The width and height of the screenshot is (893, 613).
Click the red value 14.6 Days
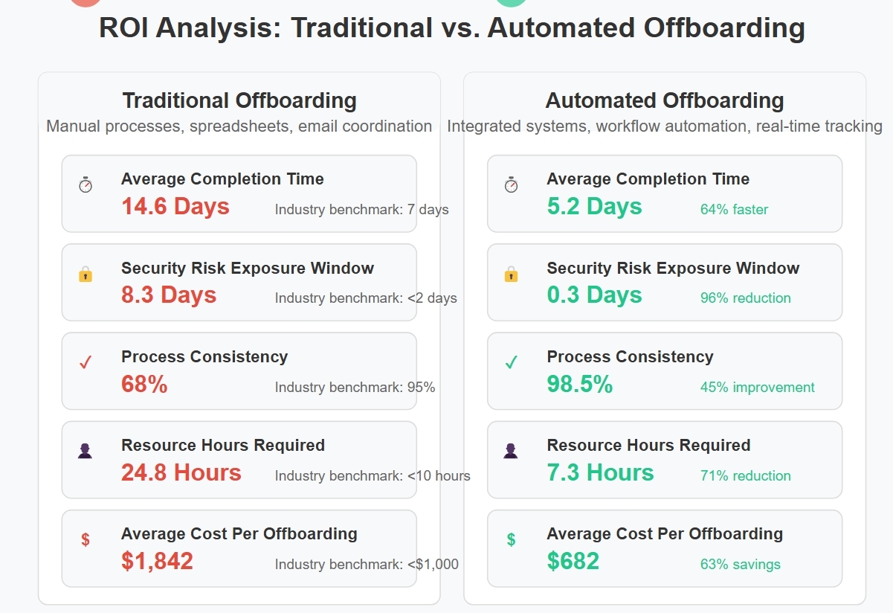[175, 206]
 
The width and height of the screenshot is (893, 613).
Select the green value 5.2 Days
[594, 206]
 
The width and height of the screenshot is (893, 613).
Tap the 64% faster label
[734, 210]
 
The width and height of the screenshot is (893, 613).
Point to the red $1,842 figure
[157, 561]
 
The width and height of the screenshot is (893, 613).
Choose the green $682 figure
[573, 561]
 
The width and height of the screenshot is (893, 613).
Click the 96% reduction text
[745, 298]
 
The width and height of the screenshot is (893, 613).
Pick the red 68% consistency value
[144, 384]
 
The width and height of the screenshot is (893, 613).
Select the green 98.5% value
[579, 384]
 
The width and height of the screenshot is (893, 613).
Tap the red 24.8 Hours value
[181, 472]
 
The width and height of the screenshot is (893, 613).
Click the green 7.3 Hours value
[600, 472]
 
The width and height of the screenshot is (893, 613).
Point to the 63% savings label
[740, 565]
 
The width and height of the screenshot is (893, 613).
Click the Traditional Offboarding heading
[239, 100]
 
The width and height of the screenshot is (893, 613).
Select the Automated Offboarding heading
[665, 100]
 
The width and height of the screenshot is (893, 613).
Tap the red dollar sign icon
[86, 540]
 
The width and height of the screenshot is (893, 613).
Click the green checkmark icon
[511, 363]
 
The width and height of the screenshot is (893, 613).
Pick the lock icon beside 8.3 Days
[86, 275]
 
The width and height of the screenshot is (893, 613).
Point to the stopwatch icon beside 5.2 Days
[511, 185]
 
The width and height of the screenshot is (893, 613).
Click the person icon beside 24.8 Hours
[86, 451]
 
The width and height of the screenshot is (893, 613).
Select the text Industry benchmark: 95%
[355, 388]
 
